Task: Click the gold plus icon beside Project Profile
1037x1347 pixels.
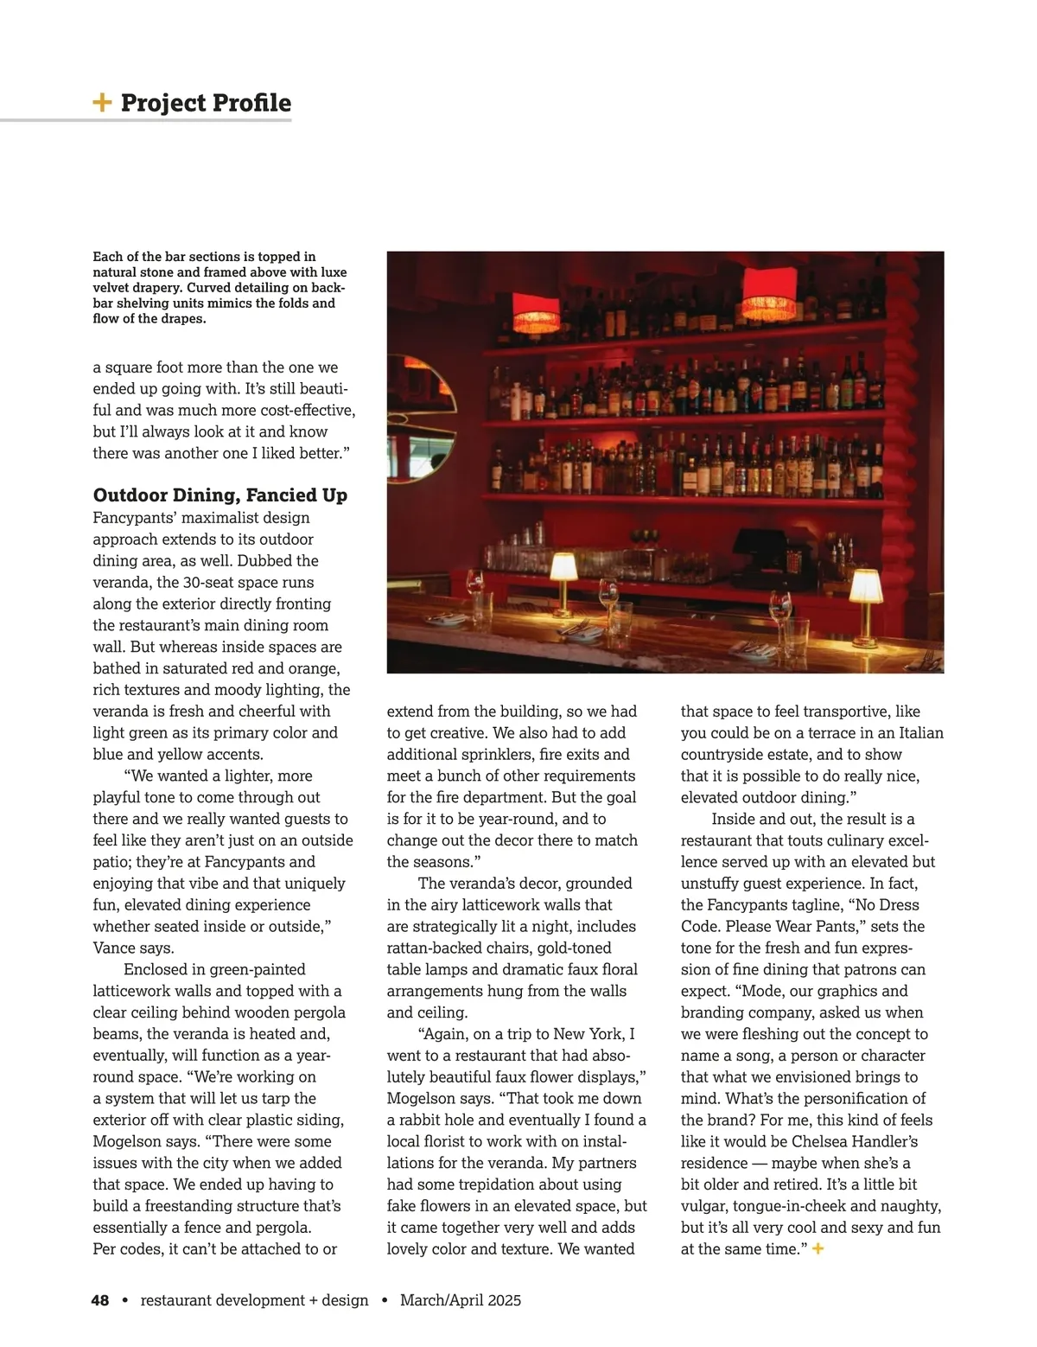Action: click(x=102, y=103)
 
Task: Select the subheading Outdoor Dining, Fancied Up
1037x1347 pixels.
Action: click(x=220, y=495)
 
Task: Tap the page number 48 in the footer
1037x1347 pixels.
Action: click(x=100, y=1300)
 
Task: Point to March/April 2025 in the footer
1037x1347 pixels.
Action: click(x=461, y=1300)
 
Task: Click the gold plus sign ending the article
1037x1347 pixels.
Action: click(x=818, y=1249)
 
